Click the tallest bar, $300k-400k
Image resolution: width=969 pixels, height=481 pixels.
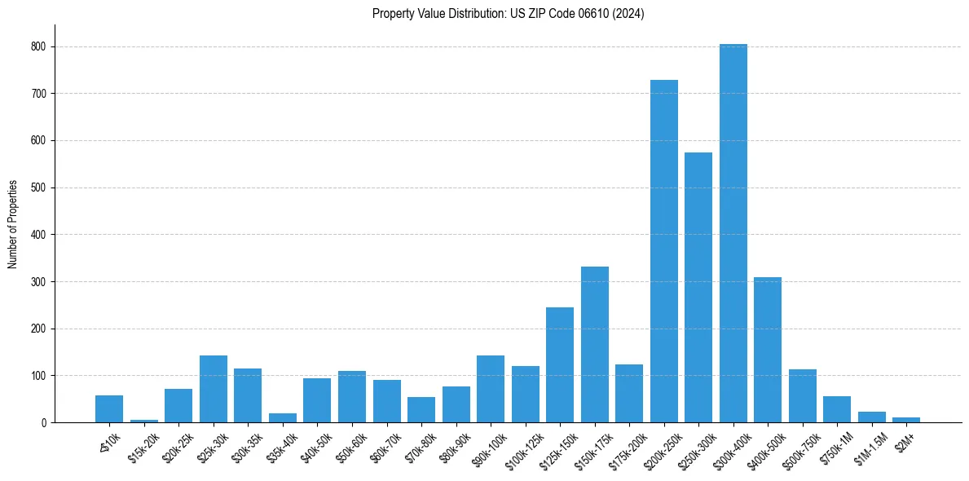click(x=733, y=233)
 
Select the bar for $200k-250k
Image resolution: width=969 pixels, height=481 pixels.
click(x=663, y=251)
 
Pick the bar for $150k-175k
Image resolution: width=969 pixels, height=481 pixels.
click(x=594, y=344)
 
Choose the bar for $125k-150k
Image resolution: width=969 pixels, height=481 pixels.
click(x=560, y=364)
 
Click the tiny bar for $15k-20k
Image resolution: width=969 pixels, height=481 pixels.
click(x=144, y=421)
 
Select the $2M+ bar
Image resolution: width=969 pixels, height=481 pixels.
click(x=906, y=420)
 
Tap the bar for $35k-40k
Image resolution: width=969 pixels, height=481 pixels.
click(x=283, y=418)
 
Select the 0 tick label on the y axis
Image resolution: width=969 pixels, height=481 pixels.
click(x=46, y=422)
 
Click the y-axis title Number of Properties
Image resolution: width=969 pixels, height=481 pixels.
click(x=13, y=224)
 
